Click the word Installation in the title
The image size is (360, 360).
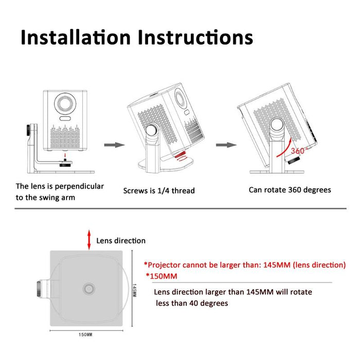pyautogui.click(x=76, y=37)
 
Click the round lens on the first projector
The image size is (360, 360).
pyautogui.click(x=66, y=102)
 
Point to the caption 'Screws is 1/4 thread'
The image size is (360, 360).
pyautogui.click(x=159, y=191)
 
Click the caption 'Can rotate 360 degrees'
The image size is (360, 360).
pyautogui.click(x=290, y=190)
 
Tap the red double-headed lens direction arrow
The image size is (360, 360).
pyautogui.click(x=89, y=240)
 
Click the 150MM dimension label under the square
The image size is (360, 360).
pyautogui.click(x=85, y=335)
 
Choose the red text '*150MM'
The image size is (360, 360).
pyautogui.click(x=161, y=277)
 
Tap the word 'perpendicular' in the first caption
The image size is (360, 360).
pyautogui.click(x=81, y=186)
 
